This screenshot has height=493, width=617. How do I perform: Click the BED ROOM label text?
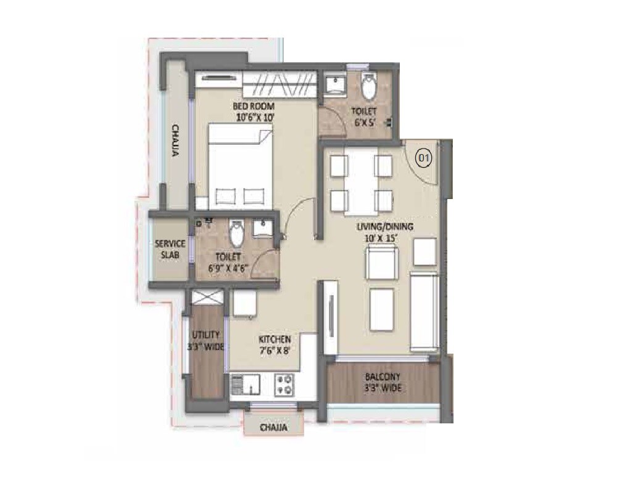click(254, 106)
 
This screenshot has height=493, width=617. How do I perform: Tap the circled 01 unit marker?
click(423, 158)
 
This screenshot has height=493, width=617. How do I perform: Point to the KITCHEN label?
click(275, 340)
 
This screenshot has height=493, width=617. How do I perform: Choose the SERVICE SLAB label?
click(170, 248)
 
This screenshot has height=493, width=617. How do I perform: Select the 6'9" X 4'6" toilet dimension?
click(235, 268)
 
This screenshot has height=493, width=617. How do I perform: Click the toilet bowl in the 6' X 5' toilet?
click(368, 88)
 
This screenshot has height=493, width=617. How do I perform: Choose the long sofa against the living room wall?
click(424, 314)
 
